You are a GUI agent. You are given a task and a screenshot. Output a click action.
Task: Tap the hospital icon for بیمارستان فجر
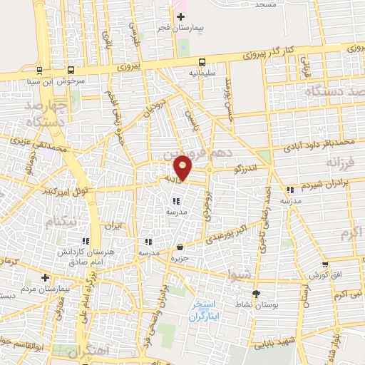pos(180,16)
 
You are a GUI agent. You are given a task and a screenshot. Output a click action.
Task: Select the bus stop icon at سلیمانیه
pos(203,61)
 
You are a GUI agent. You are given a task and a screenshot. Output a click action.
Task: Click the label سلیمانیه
pos(203,73)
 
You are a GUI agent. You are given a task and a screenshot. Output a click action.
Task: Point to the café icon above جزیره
pos(179,247)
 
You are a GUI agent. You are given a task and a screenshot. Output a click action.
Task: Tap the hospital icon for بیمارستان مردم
pos(45,277)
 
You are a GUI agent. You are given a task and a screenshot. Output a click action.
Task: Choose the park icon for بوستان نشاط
pos(256,293)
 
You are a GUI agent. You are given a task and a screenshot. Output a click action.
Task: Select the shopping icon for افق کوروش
pos(324,264)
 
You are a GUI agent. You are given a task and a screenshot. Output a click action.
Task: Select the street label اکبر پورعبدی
pos(230,234)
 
